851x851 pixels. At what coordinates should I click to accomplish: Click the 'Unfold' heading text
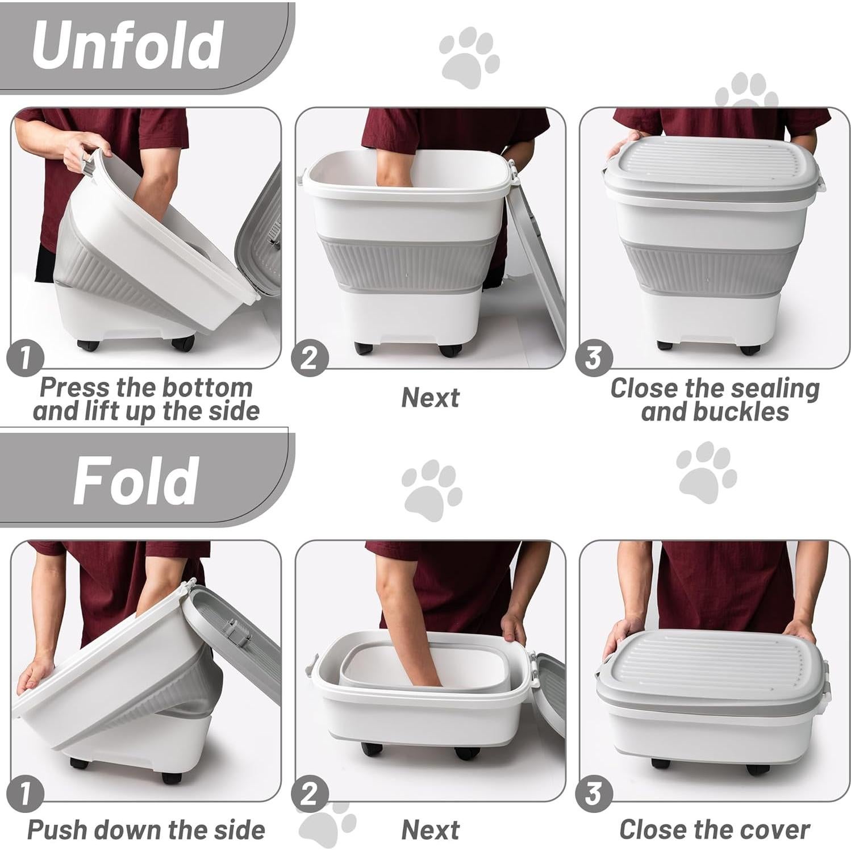coord(127,45)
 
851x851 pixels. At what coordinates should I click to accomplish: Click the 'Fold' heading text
coord(135,481)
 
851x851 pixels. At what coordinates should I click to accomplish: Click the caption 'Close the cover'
coord(714,830)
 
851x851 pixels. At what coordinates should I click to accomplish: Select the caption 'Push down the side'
coord(146,830)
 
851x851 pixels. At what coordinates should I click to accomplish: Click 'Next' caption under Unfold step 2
coord(430,398)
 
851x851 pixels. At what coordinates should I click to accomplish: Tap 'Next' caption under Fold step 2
coord(430,830)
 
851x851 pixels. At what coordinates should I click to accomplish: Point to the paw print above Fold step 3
coord(706,474)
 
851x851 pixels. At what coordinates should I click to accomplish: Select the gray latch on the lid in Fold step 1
coord(236,633)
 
